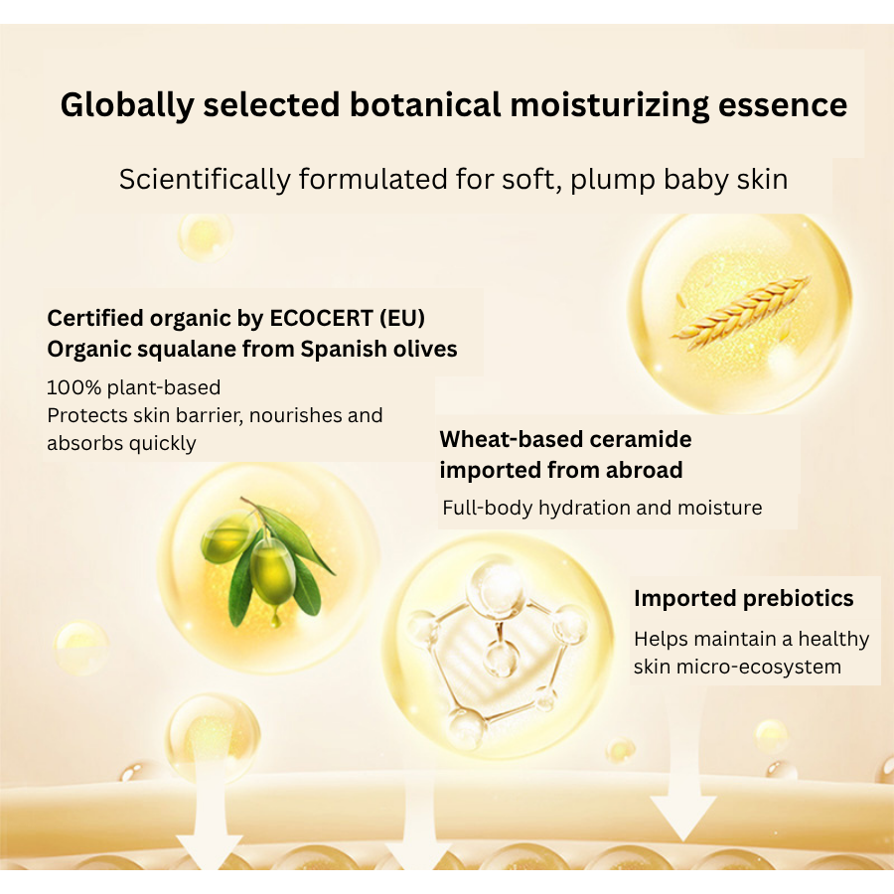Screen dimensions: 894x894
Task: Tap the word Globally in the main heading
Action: (127, 105)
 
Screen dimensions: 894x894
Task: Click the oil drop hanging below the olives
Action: (276, 618)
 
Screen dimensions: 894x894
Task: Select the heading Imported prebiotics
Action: (743, 599)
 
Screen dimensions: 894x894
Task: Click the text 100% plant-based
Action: (133, 387)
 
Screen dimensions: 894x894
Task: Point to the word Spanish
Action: (337, 350)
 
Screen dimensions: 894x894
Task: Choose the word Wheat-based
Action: (511, 440)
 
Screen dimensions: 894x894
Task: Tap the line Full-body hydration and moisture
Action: (602, 508)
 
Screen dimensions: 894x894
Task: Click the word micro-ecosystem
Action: (759, 668)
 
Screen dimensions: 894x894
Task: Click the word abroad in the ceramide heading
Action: (644, 471)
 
